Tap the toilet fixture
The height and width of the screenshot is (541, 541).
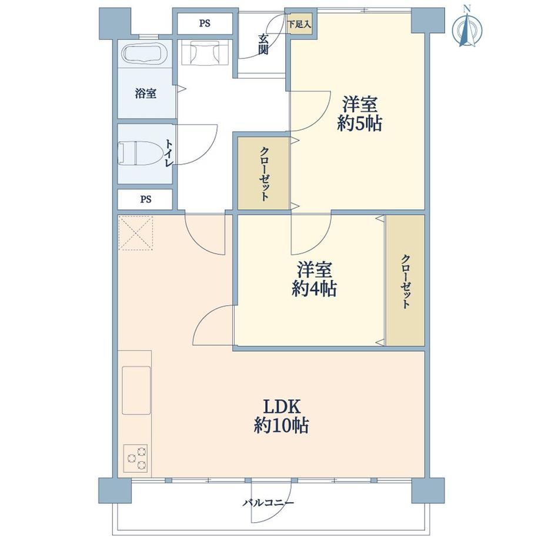pos(141,153)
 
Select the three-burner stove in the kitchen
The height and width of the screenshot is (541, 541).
pos(136,458)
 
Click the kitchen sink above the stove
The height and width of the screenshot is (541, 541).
pos(136,390)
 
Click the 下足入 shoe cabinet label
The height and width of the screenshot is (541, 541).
pos(299,25)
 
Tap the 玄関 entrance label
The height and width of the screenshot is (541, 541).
pos(263,45)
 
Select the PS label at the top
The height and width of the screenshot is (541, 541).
pos(205,23)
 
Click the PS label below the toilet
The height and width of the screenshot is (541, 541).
pos(146,199)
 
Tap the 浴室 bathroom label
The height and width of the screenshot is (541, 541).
pos(146,93)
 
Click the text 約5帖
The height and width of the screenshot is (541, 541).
pos(359,123)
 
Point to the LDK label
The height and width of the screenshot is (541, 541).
pos(282,407)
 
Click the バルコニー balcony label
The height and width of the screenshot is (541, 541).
pos(268,502)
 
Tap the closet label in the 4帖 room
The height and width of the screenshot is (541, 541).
pos(406,281)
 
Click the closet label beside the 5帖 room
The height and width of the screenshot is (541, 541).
pos(264,174)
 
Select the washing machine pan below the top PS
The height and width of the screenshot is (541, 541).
pos(205,52)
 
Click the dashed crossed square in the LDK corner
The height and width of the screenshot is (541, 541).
pos(135,233)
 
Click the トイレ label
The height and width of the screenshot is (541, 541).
pos(169,153)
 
